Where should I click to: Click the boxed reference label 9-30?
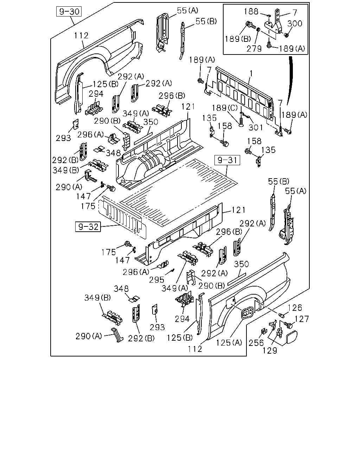tap(69, 11)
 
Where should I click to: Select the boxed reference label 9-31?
tap(227, 160)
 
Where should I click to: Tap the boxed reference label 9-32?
tap(88, 227)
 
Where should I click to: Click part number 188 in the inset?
tap(251, 12)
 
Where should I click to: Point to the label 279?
tap(254, 49)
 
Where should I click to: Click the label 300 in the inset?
tap(295, 24)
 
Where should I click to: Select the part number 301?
tap(255, 127)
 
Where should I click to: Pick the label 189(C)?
tap(225, 108)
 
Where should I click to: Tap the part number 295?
tap(157, 280)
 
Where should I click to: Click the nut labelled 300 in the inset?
tap(287, 35)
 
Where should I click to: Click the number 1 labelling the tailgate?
tap(251, 73)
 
